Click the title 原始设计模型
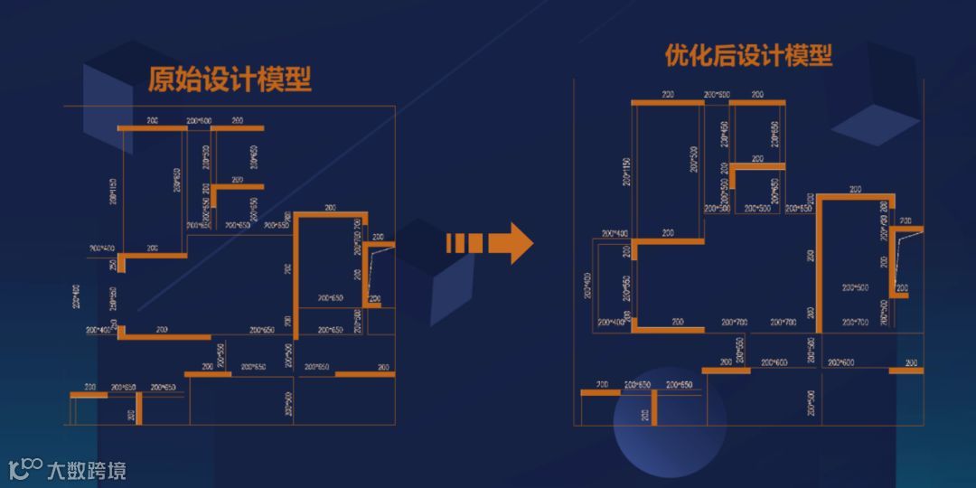tap(230, 80)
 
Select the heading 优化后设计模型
tap(748, 56)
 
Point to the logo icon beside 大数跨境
tap(25, 468)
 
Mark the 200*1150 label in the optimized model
tap(625, 171)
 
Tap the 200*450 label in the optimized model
tap(724, 134)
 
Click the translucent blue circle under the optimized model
tap(670, 424)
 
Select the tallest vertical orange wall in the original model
tap(296, 269)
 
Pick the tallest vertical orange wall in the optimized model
tap(819, 264)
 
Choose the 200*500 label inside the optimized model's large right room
tap(854, 287)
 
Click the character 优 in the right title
tap(677, 56)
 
